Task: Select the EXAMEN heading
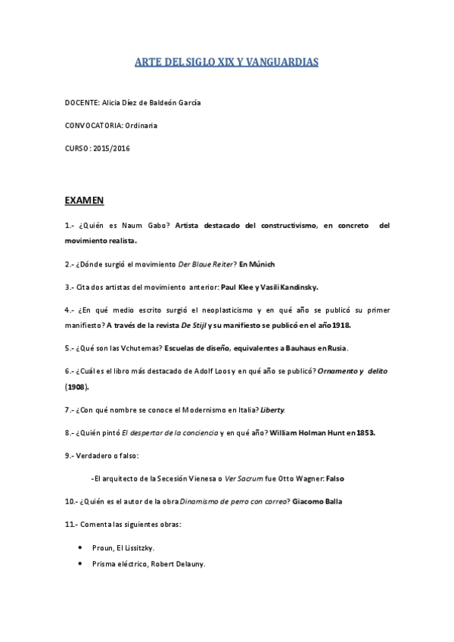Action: [x=84, y=201]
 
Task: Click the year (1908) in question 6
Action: [x=77, y=386]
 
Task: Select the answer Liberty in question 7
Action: [x=272, y=410]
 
